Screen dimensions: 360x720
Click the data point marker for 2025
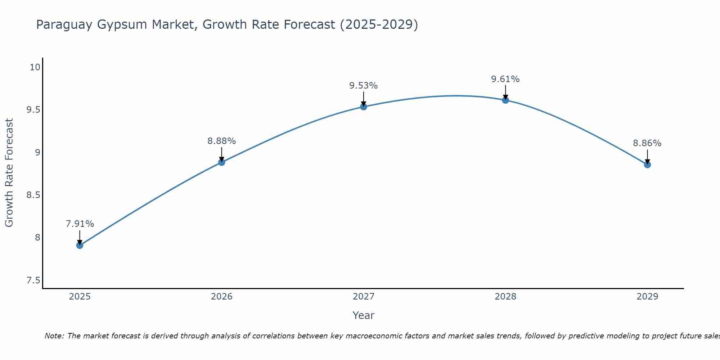click(80, 246)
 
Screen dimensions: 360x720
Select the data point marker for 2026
click(221, 162)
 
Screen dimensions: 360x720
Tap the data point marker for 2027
click(363, 107)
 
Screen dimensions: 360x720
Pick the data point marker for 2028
click(505, 100)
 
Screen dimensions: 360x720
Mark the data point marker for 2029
click(647, 165)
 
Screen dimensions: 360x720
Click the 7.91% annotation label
click(80, 224)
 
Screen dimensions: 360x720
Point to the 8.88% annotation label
click(221, 141)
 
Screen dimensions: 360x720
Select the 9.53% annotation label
click(363, 86)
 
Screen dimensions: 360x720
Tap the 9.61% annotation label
click(505, 79)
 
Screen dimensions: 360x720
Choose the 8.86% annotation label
click(647, 143)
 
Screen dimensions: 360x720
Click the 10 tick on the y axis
click(35, 67)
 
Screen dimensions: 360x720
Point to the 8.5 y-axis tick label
click(33, 195)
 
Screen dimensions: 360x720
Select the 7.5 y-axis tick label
click(33, 280)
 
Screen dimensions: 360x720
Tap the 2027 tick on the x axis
click(363, 297)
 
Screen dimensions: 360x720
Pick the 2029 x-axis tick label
click(647, 297)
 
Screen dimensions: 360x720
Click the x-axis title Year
click(363, 315)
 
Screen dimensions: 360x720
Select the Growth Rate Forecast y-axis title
click(9, 173)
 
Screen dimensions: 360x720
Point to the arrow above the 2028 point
click(505, 92)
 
